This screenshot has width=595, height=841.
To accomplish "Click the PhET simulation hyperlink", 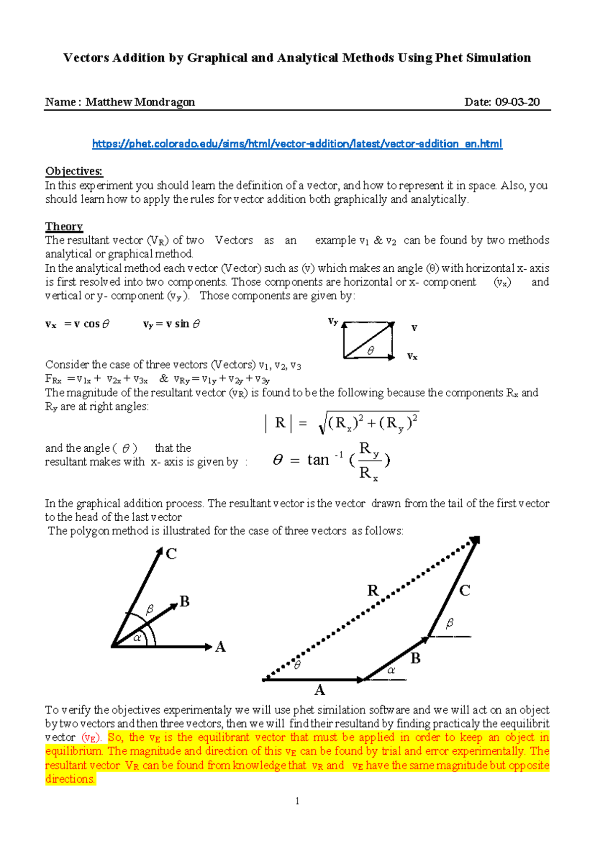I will tap(297, 144).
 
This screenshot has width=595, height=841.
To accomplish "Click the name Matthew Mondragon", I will tap(140, 102).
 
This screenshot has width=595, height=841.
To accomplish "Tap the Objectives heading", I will tap(74, 171).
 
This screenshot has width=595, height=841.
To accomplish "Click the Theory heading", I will tap(64, 227).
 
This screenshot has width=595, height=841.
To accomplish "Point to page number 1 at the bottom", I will tap(297, 801).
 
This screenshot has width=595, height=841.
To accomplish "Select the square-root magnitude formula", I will tap(342, 423).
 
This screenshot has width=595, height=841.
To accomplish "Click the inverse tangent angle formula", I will tap(332, 460).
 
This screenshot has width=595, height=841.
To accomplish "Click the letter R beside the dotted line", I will tap(373, 590).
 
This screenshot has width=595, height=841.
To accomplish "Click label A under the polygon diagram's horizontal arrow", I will tap(319, 690).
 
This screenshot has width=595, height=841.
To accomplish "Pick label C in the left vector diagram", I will tap(172, 554).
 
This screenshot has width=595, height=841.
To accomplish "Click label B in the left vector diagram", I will tap(185, 601).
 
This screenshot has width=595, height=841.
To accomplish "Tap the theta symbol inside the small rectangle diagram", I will tap(370, 351).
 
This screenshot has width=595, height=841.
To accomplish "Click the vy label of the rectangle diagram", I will tap(333, 321).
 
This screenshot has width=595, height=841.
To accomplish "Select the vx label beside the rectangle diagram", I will tap(412, 356).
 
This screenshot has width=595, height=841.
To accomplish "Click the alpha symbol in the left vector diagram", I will tap(137, 638).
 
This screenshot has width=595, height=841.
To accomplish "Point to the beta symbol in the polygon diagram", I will tap(450, 623).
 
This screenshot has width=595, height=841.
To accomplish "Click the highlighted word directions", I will tap(70, 779).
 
